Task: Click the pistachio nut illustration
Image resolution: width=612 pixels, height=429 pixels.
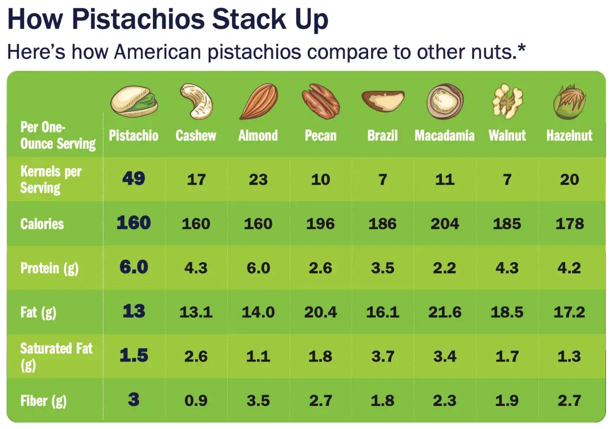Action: click(x=134, y=100)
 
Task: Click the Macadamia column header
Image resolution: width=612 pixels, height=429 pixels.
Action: click(x=445, y=135)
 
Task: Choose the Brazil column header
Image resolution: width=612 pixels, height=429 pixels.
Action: click(x=382, y=135)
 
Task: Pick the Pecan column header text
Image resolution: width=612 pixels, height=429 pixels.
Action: click(x=320, y=135)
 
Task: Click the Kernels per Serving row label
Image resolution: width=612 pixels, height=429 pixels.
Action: click(x=50, y=179)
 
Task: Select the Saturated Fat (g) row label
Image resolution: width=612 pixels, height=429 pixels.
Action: click(x=56, y=356)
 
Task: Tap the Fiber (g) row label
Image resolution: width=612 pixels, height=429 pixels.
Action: click(x=43, y=400)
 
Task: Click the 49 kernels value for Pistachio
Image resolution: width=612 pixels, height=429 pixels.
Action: click(x=133, y=178)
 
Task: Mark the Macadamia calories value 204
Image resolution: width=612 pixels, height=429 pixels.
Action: click(x=445, y=223)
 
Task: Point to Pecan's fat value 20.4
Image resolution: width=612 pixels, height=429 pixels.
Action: click(x=320, y=312)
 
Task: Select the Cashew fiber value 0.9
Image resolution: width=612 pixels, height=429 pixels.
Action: click(x=196, y=400)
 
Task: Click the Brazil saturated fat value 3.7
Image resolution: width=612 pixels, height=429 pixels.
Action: click(x=382, y=356)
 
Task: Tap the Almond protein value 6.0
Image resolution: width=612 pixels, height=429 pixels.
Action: click(x=258, y=268)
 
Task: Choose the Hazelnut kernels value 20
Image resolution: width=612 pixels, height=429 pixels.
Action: click(x=569, y=179)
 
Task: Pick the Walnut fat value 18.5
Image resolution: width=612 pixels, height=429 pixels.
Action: click(x=507, y=312)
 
